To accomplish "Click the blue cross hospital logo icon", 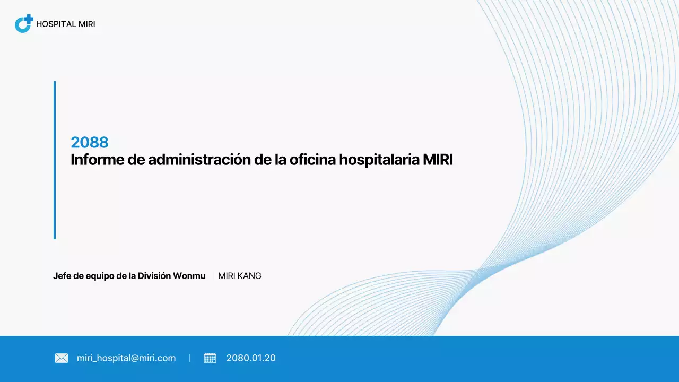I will [x=24, y=24].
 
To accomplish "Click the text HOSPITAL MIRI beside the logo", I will [x=65, y=24].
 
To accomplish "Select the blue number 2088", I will [x=90, y=142].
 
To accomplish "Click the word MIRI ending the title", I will [x=438, y=160].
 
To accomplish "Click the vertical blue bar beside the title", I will [x=55, y=160].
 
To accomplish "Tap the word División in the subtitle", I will [x=154, y=276].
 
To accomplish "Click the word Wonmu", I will [x=189, y=276].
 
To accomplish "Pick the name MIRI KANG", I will [x=240, y=276].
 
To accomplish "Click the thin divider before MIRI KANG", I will [x=213, y=276].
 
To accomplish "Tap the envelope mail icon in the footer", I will [x=62, y=358].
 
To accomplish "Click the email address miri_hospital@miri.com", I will [x=126, y=358].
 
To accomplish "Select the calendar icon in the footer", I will [x=210, y=358].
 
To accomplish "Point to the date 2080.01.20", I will [x=251, y=358].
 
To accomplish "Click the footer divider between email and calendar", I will [x=190, y=358].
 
